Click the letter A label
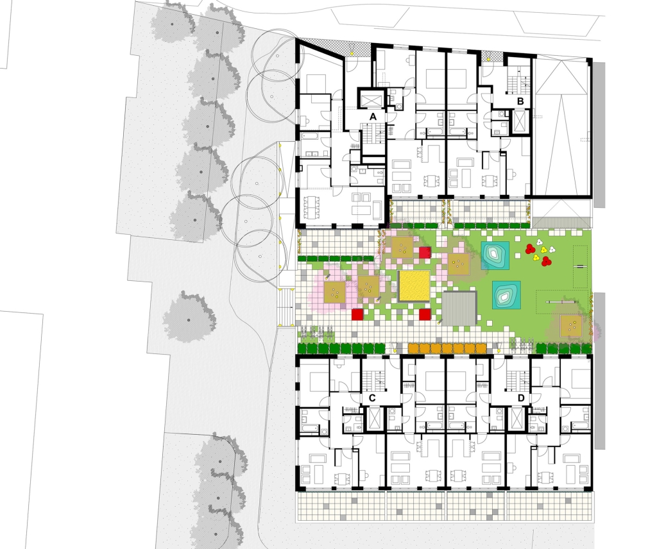373,117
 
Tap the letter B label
520,101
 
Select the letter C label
373,398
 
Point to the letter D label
521,398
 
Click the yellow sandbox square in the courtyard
414,286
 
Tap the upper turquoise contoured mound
495,255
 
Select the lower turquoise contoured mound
506,295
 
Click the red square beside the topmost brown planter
425,253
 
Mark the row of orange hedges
447,348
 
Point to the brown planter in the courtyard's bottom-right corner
572,325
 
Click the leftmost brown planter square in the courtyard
335,292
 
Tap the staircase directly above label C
373,380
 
